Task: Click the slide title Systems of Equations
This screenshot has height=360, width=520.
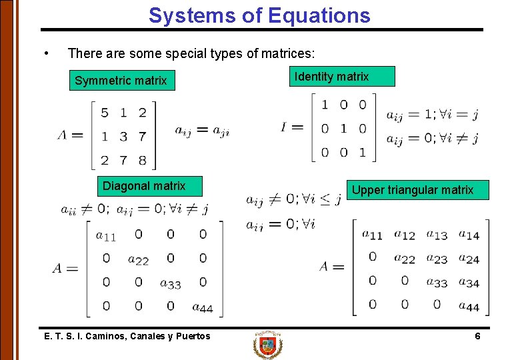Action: point(259,15)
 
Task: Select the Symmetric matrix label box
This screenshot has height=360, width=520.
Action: point(121,81)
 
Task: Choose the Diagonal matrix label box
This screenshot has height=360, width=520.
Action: point(144,186)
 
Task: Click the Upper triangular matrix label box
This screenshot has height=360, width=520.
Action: point(412,190)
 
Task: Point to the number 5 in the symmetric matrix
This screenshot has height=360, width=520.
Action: point(105,113)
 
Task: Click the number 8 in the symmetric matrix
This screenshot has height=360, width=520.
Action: point(142,160)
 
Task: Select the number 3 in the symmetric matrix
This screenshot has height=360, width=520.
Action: point(123,137)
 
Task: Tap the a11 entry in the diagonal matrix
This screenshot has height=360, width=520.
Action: point(106,235)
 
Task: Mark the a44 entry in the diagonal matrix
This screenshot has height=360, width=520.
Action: point(203,307)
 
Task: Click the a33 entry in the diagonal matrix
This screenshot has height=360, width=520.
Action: point(171,283)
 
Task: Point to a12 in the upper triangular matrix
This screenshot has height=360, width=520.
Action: point(405,235)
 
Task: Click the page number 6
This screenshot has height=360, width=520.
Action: point(477,336)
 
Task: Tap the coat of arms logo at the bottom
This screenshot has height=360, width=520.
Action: point(268,345)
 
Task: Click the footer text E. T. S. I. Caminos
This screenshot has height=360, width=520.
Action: point(127,336)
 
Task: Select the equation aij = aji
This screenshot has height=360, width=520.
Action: point(202,131)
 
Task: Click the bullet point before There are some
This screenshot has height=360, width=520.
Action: point(45,53)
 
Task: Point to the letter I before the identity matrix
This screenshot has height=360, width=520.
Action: point(285,127)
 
